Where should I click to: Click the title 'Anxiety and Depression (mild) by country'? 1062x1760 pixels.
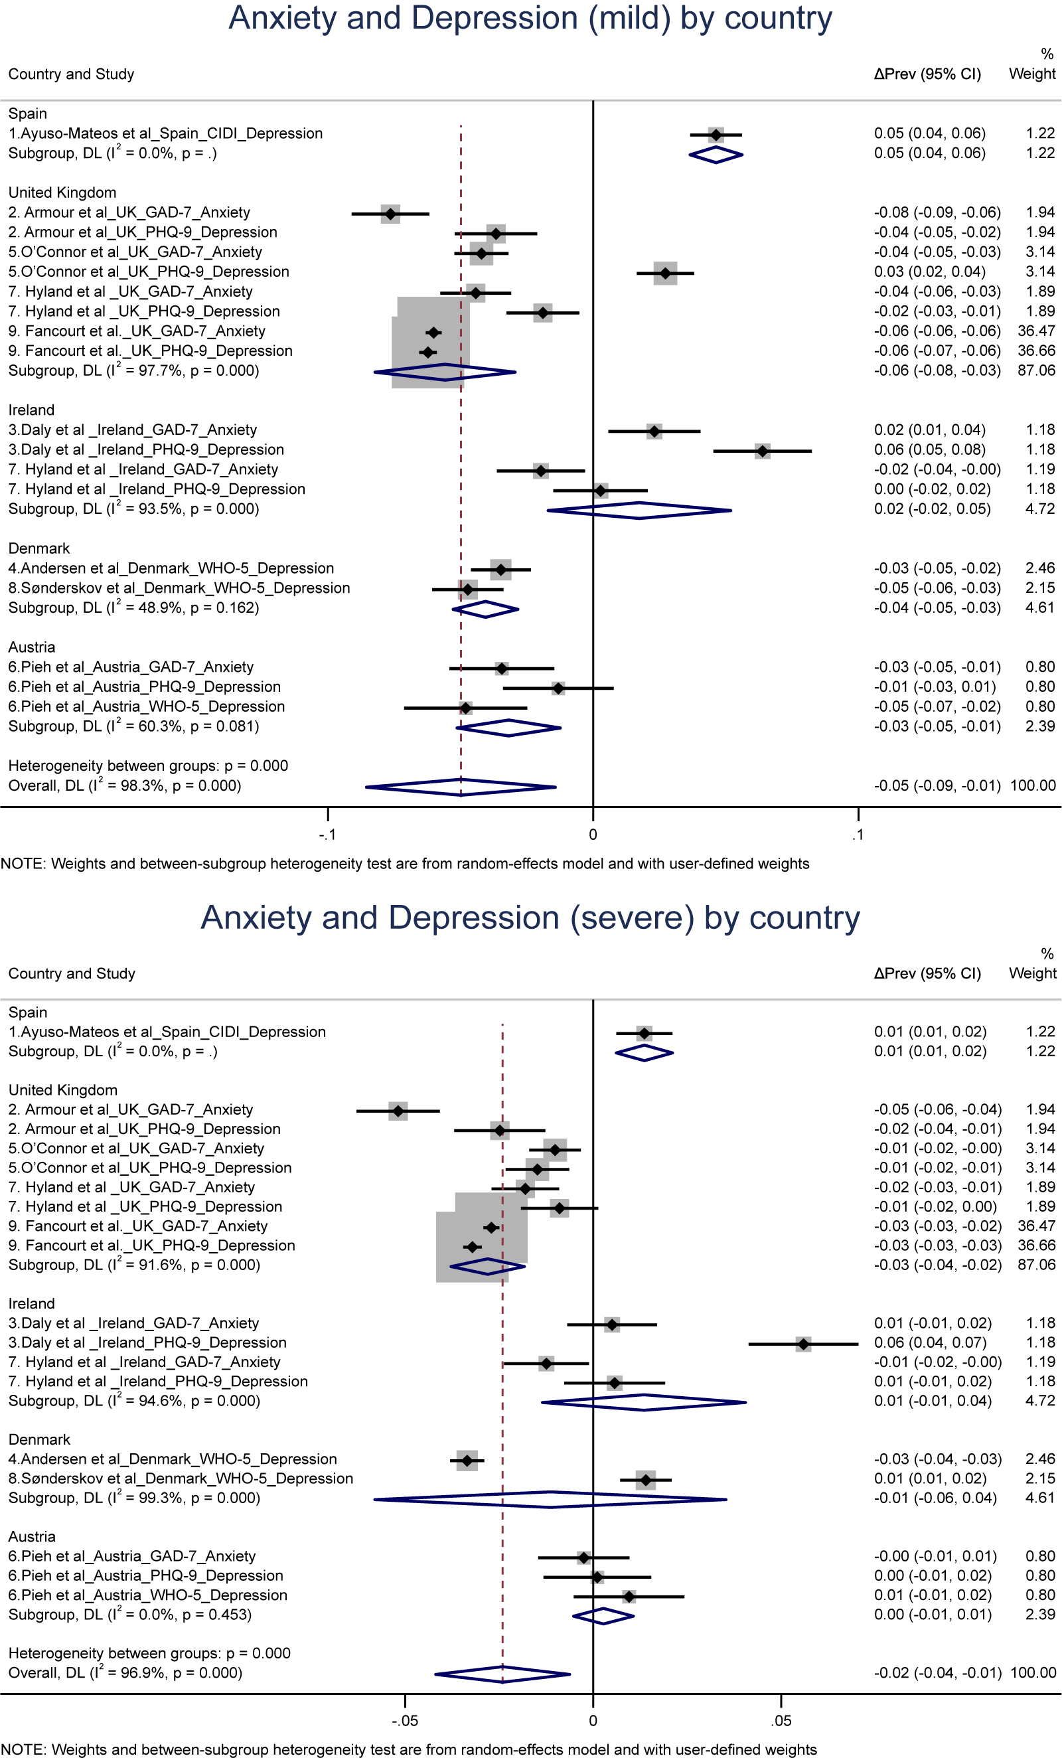coord(530,19)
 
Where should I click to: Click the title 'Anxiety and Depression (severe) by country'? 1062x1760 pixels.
coord(530,918)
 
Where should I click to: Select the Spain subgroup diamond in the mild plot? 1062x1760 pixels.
coord(716,154)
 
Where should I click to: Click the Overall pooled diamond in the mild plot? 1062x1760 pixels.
coord(461,787)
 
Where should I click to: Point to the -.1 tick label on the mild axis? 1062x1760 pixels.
coord(327,835)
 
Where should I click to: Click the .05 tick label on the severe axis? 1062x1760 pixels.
coord(781,1721)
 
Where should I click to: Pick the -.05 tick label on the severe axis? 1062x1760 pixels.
coord(404,1721)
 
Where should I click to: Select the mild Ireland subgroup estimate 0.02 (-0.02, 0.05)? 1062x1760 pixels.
coord(932,509)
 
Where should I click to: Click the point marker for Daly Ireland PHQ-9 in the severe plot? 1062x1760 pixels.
coord(803,1344)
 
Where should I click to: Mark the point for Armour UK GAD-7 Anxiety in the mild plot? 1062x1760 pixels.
coord(390,214)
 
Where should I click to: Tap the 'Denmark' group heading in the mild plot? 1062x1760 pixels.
coord(39,548)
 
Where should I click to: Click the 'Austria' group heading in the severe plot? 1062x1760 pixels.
coord(32,1536)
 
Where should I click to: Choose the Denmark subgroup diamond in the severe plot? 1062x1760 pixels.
coord(550,1499)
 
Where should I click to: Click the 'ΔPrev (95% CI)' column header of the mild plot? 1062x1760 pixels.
coord(927,74)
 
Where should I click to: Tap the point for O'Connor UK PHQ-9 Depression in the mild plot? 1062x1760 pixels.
coord(666,273)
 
